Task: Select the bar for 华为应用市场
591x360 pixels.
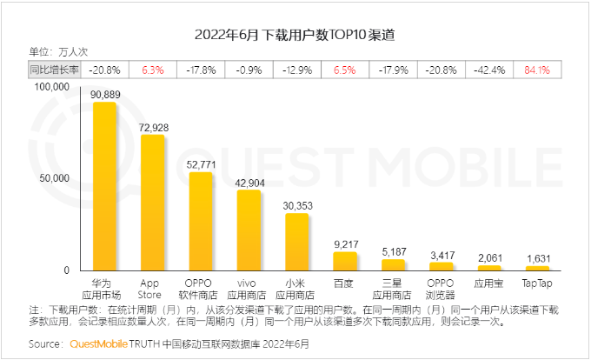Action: [105, 186]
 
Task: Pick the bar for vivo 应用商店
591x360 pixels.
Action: [249, 230]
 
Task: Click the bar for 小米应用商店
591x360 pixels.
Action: [297, 242]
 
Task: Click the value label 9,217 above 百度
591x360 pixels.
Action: [345, 243]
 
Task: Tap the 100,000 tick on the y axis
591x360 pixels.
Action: [51, 88]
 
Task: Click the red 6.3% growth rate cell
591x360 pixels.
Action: [153, 68]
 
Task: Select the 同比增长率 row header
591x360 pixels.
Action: [54, 68]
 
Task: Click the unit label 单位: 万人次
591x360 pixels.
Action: [58, 51]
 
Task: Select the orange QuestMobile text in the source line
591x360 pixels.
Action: [98, 344]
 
